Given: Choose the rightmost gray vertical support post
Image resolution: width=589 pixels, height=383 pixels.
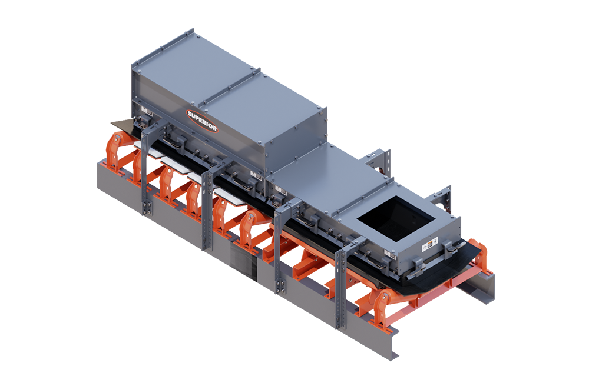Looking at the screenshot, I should click(x=340, y=288).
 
